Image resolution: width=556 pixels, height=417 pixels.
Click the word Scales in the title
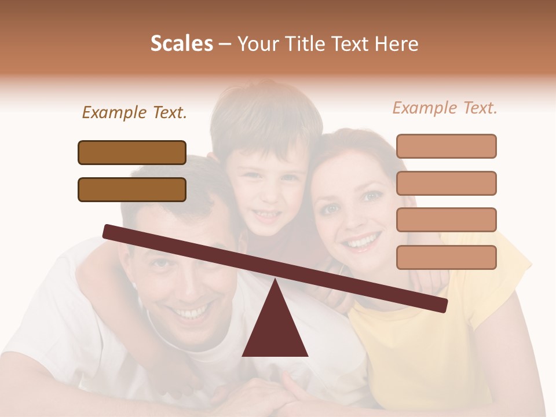click(181, 44)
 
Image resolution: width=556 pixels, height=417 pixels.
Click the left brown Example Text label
click(134, 112)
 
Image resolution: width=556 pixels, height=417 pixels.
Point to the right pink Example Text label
click(445, 108)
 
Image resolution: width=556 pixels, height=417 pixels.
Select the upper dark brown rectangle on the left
click(132, 152)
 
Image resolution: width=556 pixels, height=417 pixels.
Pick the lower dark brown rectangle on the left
click(132, 189)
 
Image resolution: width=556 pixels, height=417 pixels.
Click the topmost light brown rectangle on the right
click(446, 146)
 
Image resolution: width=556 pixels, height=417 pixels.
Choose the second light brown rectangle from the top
click(446, 183)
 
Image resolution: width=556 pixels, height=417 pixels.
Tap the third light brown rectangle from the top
click(446, 220)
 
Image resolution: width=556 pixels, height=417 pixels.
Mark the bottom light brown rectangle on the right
click(446, 257)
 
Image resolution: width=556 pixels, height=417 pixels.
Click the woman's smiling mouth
click(362, 241)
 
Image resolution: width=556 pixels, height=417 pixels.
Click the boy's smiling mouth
click(266, 215)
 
